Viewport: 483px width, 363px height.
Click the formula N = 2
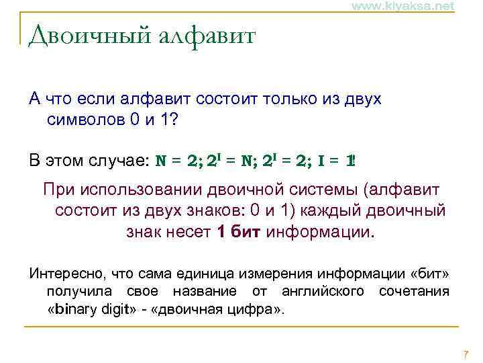click(x=178, y=161)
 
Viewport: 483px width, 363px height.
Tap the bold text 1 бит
click(x=239, y=233)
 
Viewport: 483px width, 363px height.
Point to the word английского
click(x=325, y=292)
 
